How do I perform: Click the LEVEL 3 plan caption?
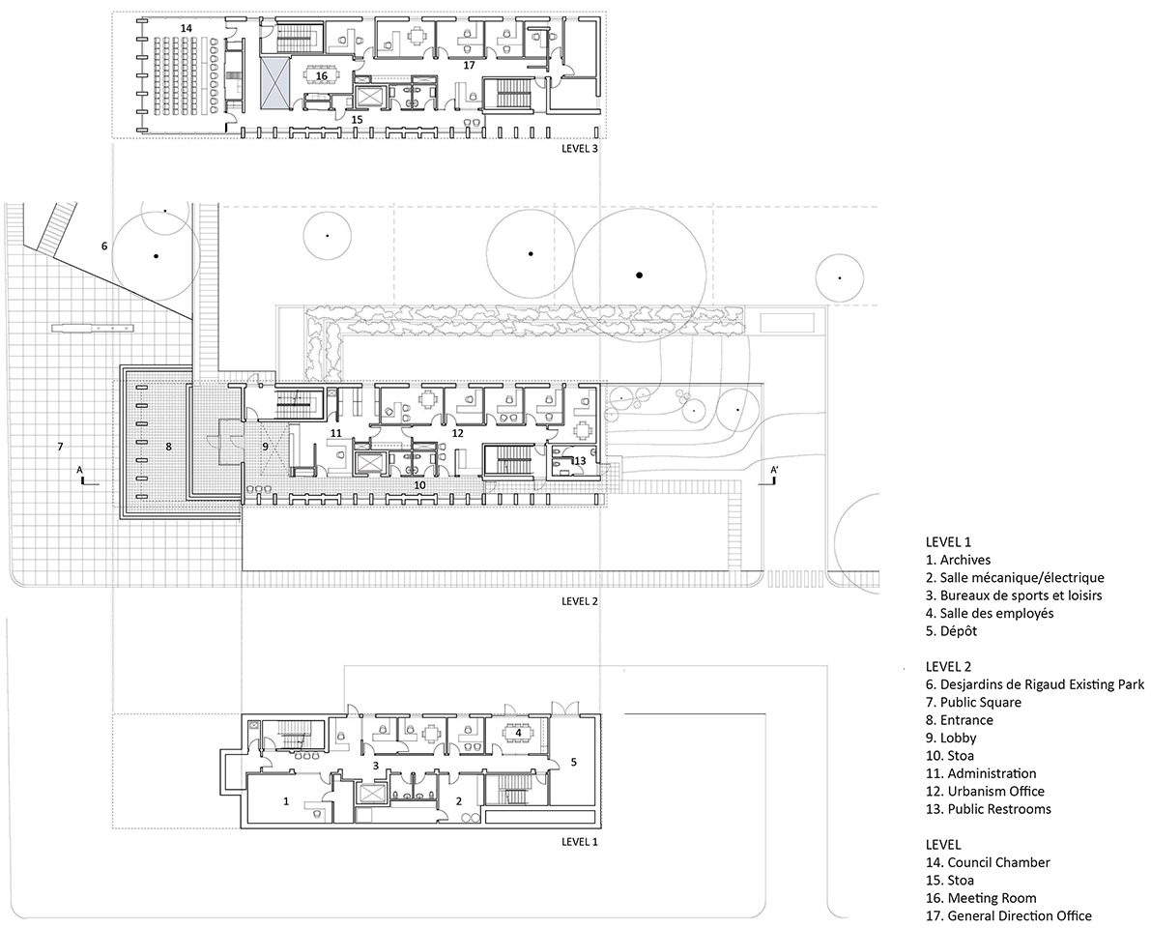580,150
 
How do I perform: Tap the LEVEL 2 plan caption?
580,600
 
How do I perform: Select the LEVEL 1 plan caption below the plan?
580,842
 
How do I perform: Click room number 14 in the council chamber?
186,29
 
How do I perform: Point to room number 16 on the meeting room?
321,74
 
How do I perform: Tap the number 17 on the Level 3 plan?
469,66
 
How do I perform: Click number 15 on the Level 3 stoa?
357,120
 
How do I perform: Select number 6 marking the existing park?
103,246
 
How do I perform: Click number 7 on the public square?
60,447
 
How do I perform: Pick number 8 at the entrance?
168,447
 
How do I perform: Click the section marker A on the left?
81,470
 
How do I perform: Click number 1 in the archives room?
285,800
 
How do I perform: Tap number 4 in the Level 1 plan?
519,733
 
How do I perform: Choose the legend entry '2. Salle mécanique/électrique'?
1014,578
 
